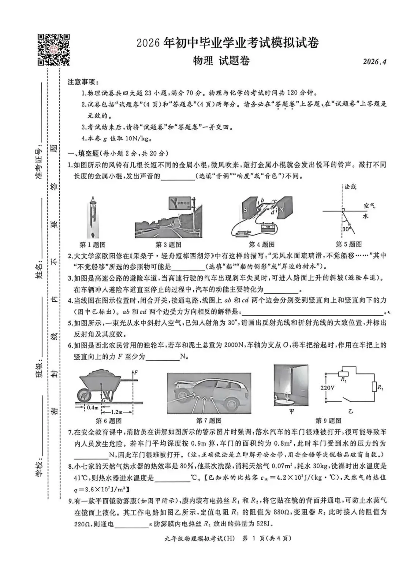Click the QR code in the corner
point(54,50)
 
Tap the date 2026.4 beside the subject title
point(374,62)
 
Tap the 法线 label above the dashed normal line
point(350,187)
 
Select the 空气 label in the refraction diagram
point(369,205)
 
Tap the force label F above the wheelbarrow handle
point(136,373)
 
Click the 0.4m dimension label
point(93,407)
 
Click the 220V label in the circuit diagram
point(327,388)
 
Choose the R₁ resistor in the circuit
point(374,387)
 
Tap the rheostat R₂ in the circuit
point(343,374)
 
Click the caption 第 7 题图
point(209,420)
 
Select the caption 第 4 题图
point(262,244)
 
